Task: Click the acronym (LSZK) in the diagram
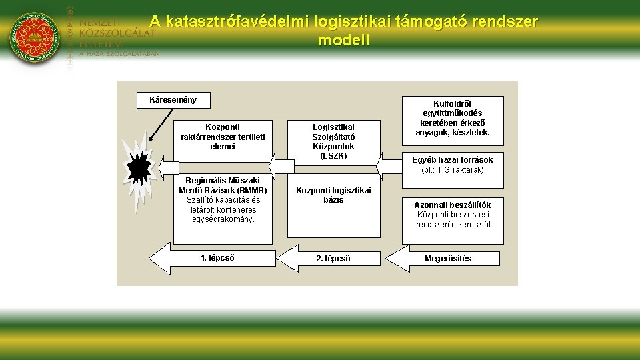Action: pyautogui.click(x=333, y=156)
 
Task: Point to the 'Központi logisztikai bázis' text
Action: pyautogui.click(x=333, y=195)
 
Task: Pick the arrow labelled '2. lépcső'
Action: pyautogui.click(x=330, y=259)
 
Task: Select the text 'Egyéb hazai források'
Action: pyautogui.click(x=453, y=160)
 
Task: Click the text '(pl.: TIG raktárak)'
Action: pyautogui.click(x=453, y=170)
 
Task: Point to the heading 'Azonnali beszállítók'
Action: pyautogui.click(x=453, y=205)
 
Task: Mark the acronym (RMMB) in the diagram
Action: pyautogui.click(x=253, y=190)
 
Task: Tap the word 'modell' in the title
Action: pyautogui.click(x=343, y=40)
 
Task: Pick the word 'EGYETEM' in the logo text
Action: pyautogui.click(x=101, y=43)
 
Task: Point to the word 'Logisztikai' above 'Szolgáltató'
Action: pyautogui.click(x=333, y=127)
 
